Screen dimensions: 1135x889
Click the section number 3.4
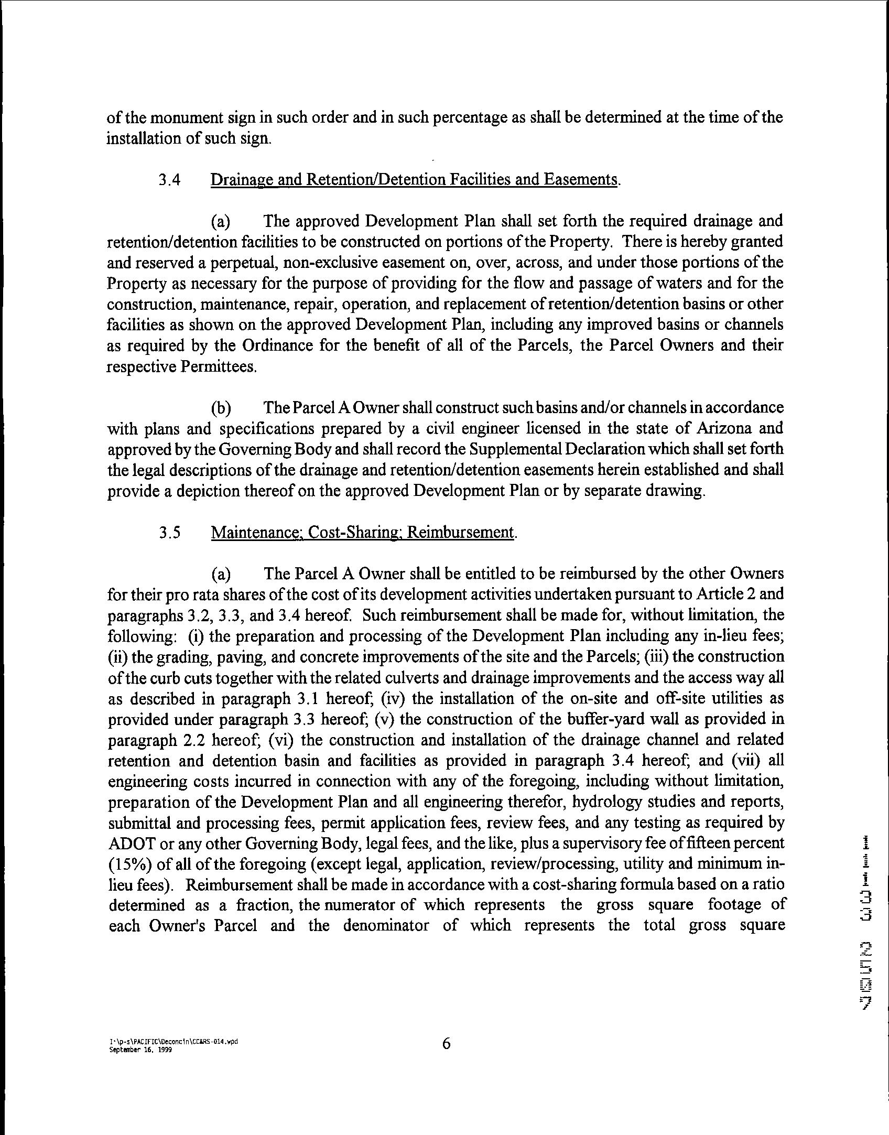coord(170,180)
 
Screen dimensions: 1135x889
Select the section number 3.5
coord(170,533)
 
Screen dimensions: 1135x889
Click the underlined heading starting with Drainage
coord(415,180)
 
